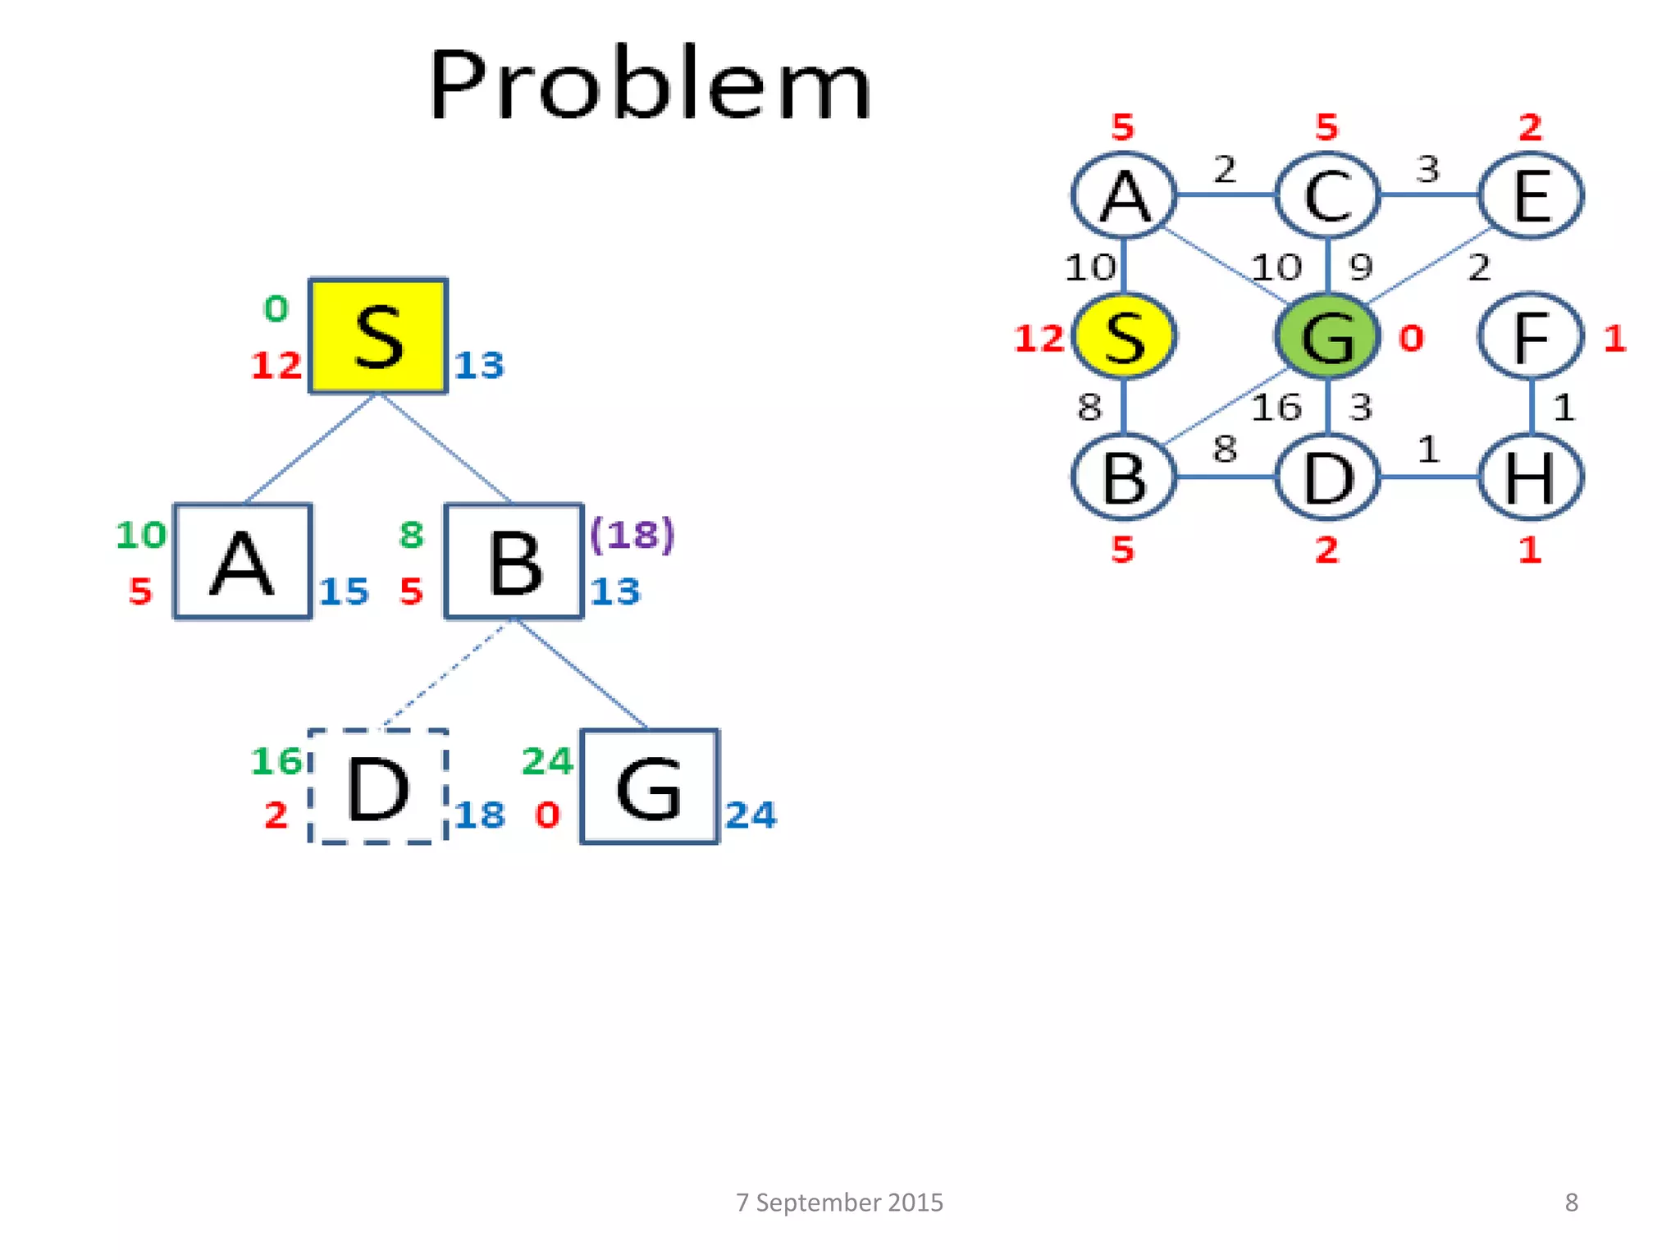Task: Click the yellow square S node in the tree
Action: point(378,336)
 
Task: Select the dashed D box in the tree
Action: point(378,787)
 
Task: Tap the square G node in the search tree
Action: point(649,787)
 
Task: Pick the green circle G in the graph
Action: point(1327,336)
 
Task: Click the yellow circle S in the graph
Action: point(1124,336)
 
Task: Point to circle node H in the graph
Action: point(1531,477)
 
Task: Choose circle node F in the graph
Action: point(1531,336)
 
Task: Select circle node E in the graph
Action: point(1531,196)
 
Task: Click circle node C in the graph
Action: point(1327,196)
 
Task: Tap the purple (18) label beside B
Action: point(632,535)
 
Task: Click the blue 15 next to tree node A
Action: point(344,591)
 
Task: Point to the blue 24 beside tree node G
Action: point(751,815)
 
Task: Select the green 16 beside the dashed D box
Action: point(276,761)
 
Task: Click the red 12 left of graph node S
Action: point(1039,339)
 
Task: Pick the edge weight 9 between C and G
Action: point(1361,267)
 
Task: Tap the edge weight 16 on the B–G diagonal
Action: point(1276,408)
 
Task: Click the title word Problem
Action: point(649,85)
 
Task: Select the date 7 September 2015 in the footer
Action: point(839,1203)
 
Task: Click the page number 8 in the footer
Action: point(1571,1203)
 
